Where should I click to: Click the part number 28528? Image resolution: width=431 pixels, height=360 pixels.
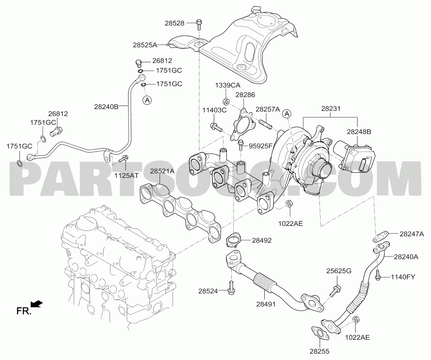click(x=174, y=23)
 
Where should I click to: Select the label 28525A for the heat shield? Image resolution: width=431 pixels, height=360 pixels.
click(x=145, y=45)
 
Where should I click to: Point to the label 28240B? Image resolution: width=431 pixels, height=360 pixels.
click(x=106, y=107)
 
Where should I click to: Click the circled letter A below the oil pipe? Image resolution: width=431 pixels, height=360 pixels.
click(x=147, y=100)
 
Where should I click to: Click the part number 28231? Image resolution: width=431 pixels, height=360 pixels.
click(x=330, y=109)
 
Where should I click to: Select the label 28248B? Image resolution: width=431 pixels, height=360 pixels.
click(x=359, y=132)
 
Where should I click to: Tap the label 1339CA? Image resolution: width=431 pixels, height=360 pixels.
click(x=227, y=85)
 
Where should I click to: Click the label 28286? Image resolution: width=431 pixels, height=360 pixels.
click(x=245, y=95)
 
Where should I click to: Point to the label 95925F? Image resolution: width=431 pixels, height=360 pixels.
click(x=260, y=146)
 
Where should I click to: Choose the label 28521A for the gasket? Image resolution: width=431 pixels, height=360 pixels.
click(x=162, y=171)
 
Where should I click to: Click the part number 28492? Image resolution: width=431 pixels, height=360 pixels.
click(x=262, y=240)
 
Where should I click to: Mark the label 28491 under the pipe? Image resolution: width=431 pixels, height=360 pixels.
click(x=266, y=304)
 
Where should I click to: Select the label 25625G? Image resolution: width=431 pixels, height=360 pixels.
click(x=339, y=271)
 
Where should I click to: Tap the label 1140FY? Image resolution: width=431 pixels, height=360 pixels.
click(x=403, y=277)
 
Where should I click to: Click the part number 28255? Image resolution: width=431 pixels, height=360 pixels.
click(x=319, y=351)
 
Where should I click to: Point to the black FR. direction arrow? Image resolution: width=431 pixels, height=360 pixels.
click(x=36, y=304)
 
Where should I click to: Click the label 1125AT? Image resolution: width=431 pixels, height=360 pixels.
click(x=126, y=175)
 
